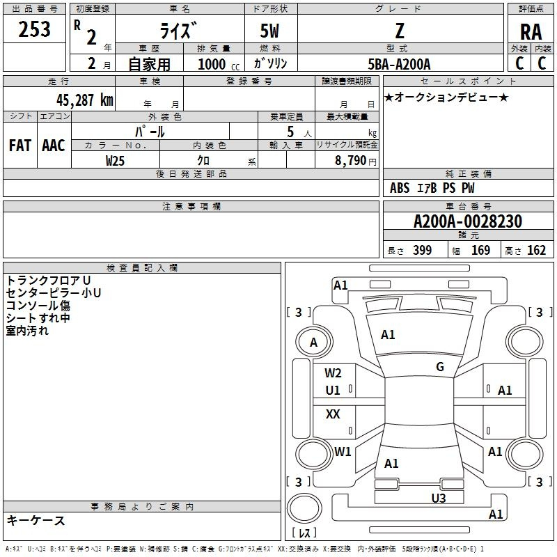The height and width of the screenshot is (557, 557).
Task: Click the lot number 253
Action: click(34, 29)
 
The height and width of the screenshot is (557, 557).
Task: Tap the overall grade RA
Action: click(531, 32)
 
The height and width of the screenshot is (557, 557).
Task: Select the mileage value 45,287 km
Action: click(84, 100)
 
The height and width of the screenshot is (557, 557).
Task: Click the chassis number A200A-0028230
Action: click(468, 221)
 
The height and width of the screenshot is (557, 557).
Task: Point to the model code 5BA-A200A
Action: click(399, 64)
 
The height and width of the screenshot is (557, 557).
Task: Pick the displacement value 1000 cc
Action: click(219, 65)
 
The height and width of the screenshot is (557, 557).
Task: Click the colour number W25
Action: click(115, 161)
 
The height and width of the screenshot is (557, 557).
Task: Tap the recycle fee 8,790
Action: click(350, 161)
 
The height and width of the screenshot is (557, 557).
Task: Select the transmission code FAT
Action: click(20, 146)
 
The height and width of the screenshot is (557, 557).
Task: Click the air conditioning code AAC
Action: click(54, 146)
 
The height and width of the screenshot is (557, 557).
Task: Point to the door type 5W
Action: click(269, 31)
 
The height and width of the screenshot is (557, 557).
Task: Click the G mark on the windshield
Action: click(440, 367)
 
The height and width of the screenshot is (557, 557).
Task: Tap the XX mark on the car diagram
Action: click(333, 414)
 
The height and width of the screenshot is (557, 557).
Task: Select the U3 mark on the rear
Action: click(439, 499)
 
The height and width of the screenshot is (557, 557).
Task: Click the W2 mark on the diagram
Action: click(333, 373)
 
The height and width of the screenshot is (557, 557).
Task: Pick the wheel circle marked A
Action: click(314, 342)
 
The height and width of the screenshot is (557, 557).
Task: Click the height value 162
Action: click(536, 250)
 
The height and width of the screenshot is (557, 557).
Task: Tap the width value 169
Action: click(480, 250)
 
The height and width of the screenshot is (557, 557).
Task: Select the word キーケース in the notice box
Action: click(36, 521)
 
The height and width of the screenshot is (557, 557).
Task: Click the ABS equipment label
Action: click(400, 188)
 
